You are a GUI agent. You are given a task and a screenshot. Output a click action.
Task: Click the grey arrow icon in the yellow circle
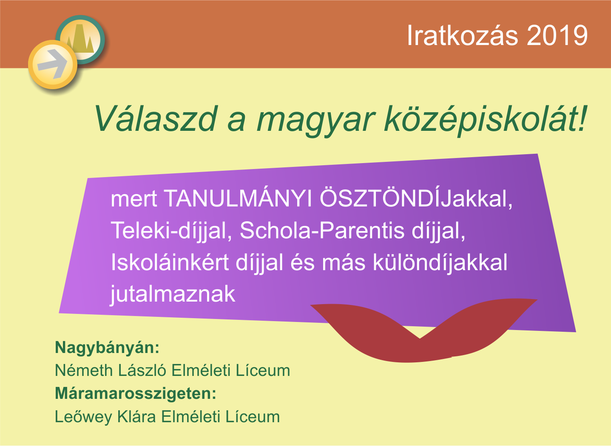(x=52, y=64)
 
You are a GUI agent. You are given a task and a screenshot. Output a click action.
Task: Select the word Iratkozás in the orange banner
(x=462, y=36)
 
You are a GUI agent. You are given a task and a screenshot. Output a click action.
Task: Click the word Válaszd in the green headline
(x=156, y=119)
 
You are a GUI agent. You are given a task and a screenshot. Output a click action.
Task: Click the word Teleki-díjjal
(x=171, y=231)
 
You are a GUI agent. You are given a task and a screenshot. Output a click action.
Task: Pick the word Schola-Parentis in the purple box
(x=322, y=231)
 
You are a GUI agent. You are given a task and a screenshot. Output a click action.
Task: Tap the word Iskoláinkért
(x=170, y=262)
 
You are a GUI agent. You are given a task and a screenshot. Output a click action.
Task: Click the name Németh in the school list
(x=84, y=370)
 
